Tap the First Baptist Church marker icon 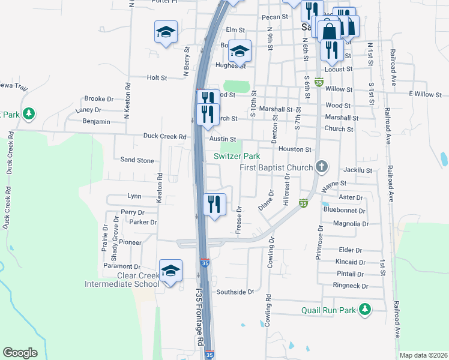point(322,167)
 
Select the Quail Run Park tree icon point(364,310)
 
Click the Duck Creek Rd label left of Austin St point(164,136)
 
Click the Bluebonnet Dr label point(344,211)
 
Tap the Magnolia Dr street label point(350,224)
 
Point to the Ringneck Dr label point(348,286)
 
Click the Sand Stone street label point(137,160)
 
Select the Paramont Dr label point(121,266)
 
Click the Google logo point(20,353)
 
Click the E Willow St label point(425,94)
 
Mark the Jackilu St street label point(359,170)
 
